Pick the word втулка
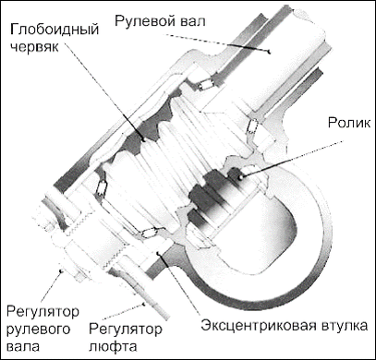click(x=347, y=326)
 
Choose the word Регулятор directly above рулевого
click(x=42, y=307)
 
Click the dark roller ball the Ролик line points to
click(x=243, y=175)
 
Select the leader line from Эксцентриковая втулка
click(x=185, y=286)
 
